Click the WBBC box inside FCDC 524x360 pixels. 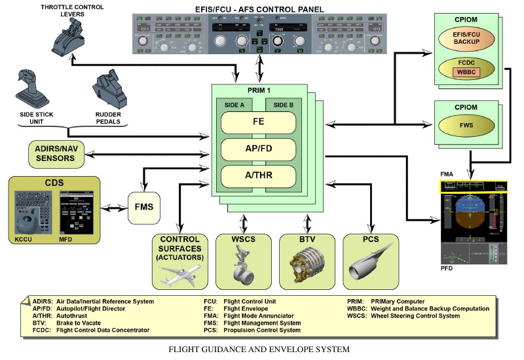click(468, 71)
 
